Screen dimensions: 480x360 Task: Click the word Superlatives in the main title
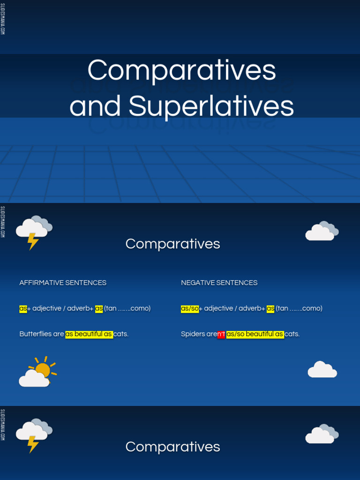(211, 106)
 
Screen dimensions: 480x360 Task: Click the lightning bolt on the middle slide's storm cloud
(33, 241)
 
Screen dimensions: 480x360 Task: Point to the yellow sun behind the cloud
(44, 368)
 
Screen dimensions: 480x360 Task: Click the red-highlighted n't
(221, 334)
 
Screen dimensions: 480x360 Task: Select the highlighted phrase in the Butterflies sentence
(89, 334)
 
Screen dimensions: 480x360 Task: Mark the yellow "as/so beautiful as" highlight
(255, 334)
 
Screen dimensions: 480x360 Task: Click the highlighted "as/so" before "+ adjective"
(190, 308)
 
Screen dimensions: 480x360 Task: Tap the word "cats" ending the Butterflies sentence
(121, 334)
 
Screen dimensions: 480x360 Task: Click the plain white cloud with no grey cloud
(322, 370)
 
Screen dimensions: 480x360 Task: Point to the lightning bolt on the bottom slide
(33, 444)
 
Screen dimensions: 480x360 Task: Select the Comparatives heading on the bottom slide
(172, 447)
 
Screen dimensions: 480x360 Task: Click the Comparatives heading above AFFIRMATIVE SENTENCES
(172, 244)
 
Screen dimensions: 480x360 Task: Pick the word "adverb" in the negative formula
(251, 308)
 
